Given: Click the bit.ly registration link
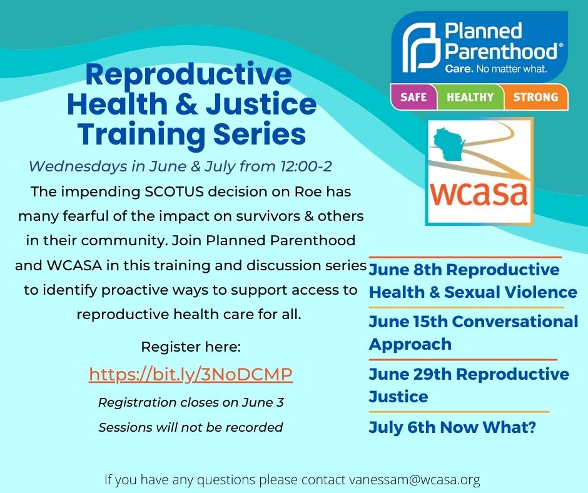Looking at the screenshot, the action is (x=191, y=374).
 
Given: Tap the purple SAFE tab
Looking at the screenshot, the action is (x=413, y=97).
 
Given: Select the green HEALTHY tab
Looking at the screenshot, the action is (x=470, y=97).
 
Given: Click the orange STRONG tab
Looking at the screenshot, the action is (x=535, y=97).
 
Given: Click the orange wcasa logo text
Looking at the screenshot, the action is (x=479, y=193).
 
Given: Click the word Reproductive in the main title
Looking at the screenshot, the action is (x=189, y=75).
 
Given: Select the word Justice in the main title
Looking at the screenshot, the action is (x=261, y=104).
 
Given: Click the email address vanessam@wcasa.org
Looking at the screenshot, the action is (x=415, y=479).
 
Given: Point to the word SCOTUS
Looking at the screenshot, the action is (x=174, y=191).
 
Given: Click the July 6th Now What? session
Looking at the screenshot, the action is (x=452, y=427).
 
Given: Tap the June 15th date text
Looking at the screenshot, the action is (x=408, y=322).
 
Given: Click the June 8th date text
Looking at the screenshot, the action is (x=405, y=270).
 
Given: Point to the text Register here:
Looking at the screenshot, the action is (x=191, y=347).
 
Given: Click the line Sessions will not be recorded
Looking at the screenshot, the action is (x=191, y=427).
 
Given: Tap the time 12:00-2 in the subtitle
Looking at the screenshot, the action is (x=306, y=166).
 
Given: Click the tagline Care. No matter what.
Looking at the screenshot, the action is (x=496, y=69).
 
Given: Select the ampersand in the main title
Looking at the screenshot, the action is (x=186, y=104).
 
